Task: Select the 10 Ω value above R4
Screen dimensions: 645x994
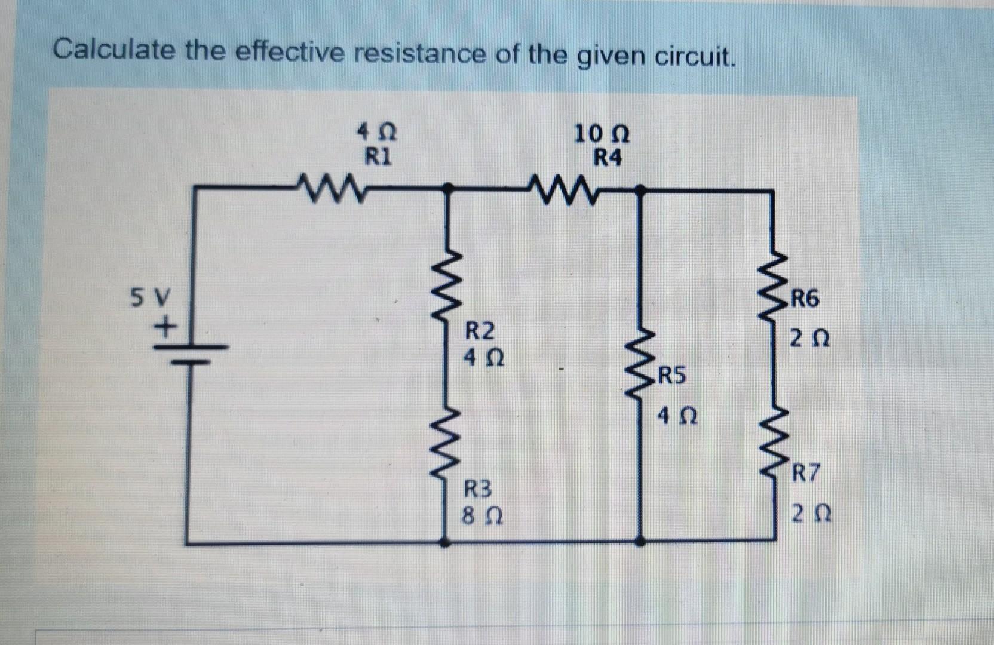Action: click(602, 134)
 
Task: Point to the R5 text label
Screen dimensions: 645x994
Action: click(672, 377)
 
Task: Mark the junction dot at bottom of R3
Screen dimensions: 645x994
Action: click(444, 543)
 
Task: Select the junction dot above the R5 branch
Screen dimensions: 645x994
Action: click(639, 190)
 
